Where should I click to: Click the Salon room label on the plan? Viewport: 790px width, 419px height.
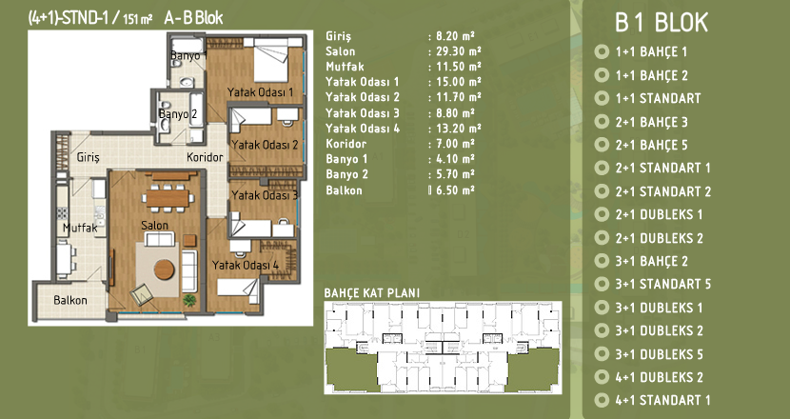tap(155, 226)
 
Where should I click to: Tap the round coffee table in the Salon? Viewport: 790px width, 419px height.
tap(165, 269)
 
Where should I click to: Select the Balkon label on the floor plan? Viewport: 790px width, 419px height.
tap(70, 301)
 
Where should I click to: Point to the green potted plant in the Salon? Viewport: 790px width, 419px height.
tap(189, 301)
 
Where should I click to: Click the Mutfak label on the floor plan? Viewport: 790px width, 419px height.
tap(80, 229)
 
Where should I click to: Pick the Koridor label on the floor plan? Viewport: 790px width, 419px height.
tap(205, 157)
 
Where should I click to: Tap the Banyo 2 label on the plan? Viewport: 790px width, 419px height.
tap(178, 114)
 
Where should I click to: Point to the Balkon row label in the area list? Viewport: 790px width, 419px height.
tap(345, 190)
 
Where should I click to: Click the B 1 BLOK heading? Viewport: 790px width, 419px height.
tap(662, 23)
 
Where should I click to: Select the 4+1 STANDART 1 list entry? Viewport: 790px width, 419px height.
tap(663, 400)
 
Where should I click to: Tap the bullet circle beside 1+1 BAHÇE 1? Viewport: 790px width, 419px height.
tap(602, 52)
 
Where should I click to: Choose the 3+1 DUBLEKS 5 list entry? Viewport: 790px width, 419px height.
tap(659, 354)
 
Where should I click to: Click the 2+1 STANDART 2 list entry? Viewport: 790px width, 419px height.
tap(663, 191)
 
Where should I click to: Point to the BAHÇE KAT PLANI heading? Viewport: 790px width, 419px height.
tap(372, 293)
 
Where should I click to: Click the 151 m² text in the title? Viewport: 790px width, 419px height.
tap(138, 20)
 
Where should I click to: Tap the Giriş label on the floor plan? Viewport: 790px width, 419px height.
tap(89, 157)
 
